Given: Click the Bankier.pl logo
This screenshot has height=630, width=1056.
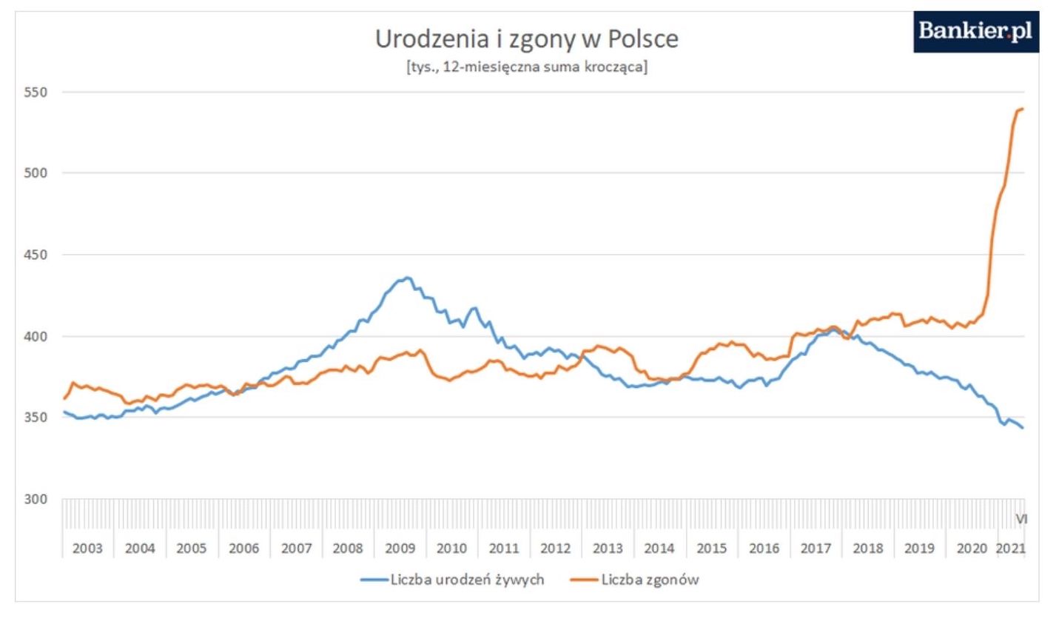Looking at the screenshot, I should tap(975, 32).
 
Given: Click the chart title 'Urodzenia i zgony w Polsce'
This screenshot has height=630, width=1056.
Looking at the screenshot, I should tap(526, 38).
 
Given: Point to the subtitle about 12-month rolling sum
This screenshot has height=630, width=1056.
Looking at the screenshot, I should tap(526, 67).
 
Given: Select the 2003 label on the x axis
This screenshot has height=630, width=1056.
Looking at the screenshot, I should tap(87, 549).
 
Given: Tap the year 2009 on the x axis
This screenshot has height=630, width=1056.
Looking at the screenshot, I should tap(400, 549).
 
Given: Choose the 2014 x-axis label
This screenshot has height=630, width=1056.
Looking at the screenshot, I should tap(659, 549).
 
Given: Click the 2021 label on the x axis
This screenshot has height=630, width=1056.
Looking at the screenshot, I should tap(1010, 549).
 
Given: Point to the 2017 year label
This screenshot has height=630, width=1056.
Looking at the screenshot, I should tap(815, 549).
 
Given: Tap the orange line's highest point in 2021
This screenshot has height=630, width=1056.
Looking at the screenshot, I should tap(1022, 110).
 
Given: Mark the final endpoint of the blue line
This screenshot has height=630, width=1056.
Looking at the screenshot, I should tap(1023, 428).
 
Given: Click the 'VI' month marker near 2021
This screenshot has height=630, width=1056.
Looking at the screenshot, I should tap(1021, 519).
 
